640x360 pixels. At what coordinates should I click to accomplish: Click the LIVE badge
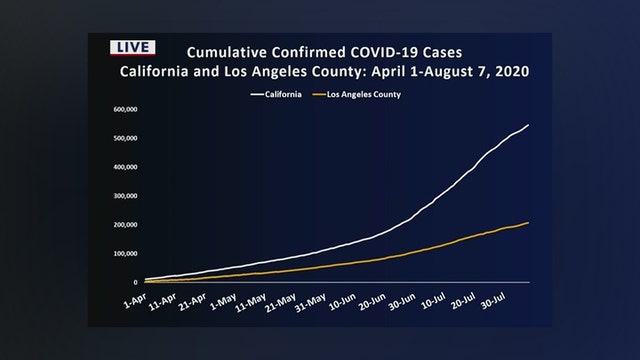pyautogui.click(x=130, y=47)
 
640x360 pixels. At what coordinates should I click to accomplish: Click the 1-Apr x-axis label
pyautogui.click(x=134, y=298)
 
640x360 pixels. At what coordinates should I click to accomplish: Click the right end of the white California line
pyautogui.click(x=529, y=125)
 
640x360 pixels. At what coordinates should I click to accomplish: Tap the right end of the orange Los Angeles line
pyautogui.click(x=529, y=222)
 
